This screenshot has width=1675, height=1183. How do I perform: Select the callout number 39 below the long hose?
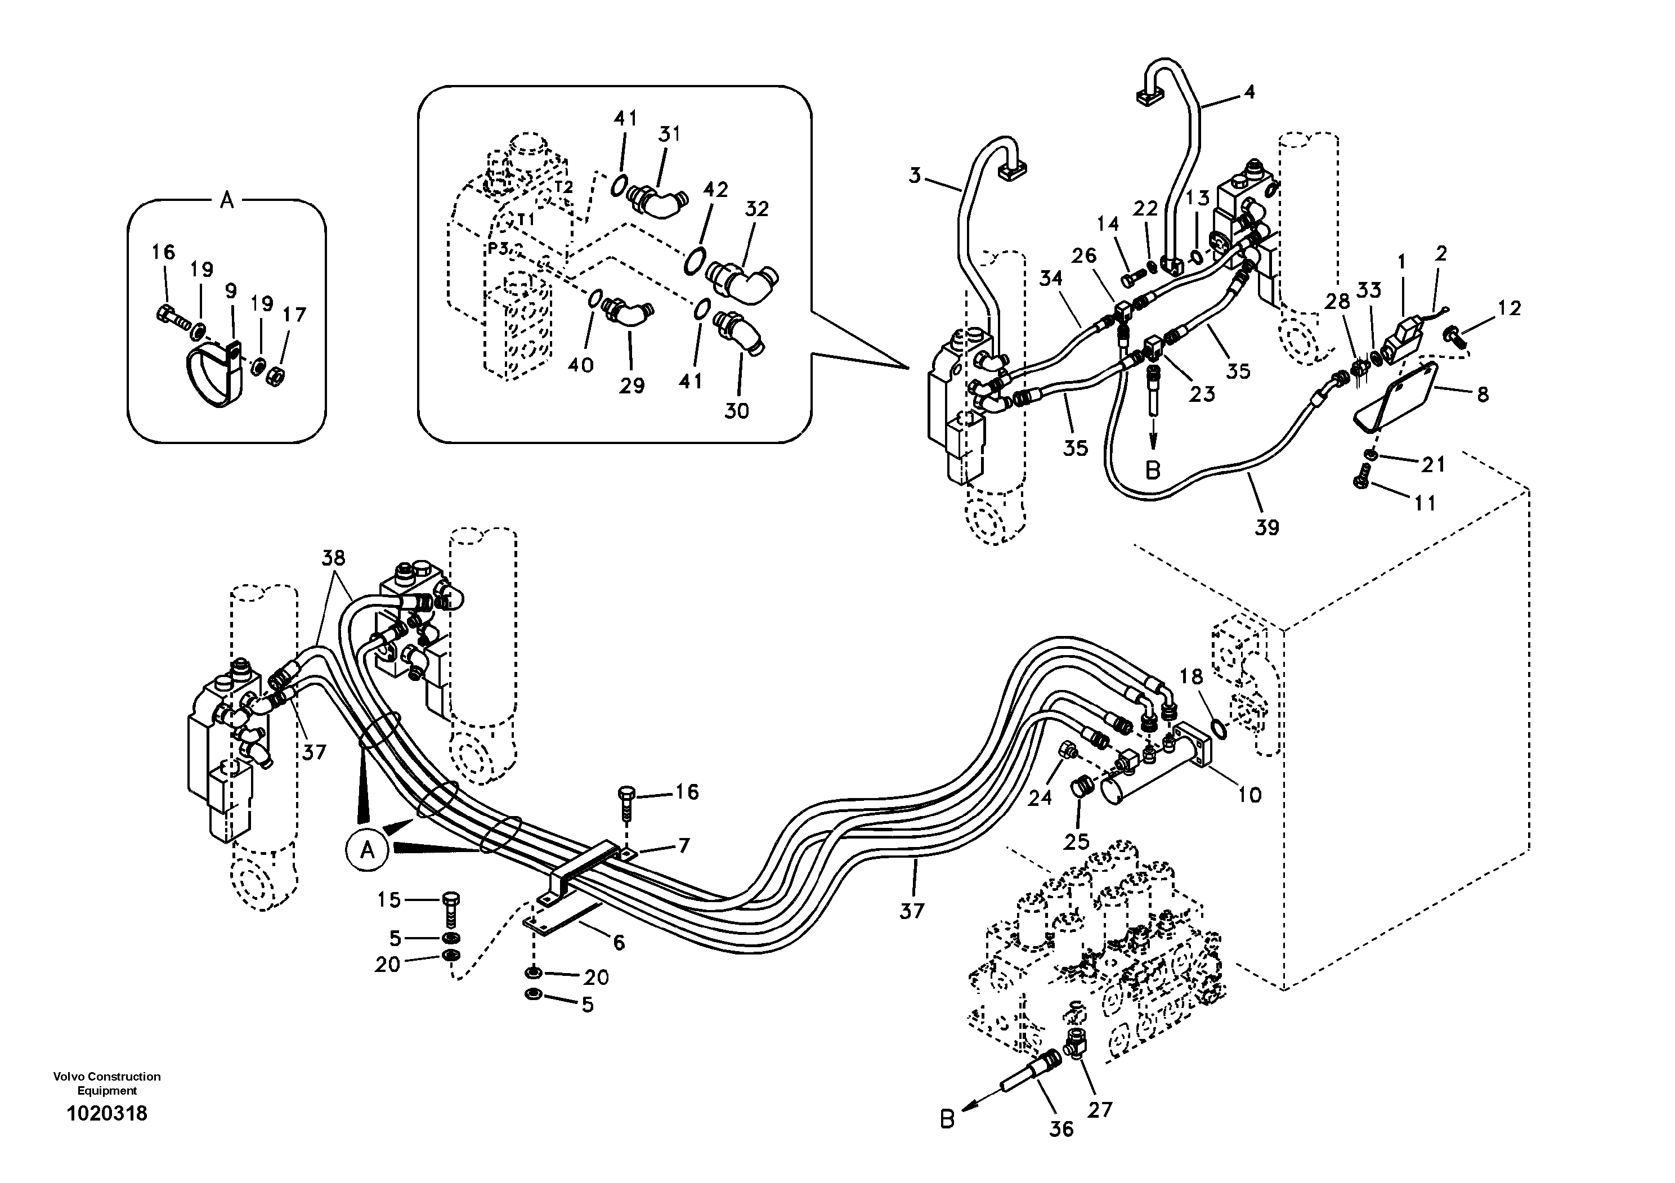pos(1266,527)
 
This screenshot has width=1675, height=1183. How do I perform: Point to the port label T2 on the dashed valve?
pos(563,187)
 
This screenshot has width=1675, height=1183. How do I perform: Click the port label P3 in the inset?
pos(498,249)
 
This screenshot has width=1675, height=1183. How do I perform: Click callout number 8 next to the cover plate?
pos(1483,395)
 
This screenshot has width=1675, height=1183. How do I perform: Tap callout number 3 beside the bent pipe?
pos(915,176)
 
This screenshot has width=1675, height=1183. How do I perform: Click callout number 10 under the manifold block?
pos(1249,794)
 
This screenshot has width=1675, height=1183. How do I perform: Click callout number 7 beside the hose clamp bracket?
pos(684,846)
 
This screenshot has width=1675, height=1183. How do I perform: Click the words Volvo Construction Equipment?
pos(106,1083)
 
